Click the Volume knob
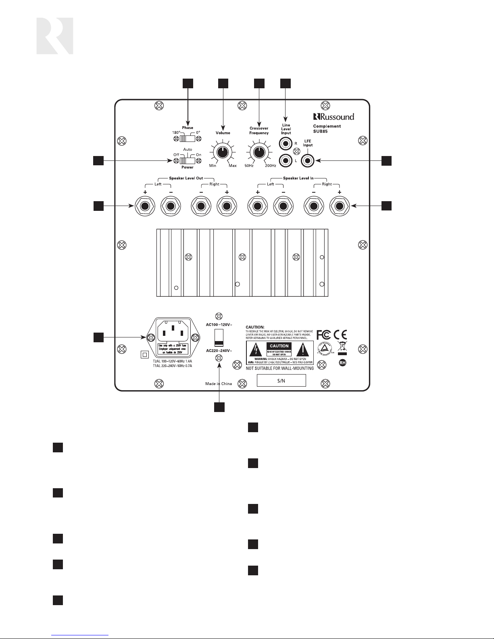tap(221, 153)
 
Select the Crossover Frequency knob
tap(258, 152)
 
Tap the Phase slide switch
tap(187, 139)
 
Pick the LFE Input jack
tap(308, 161)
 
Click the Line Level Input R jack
tap(286, 143)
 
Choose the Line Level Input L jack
tap(286, 161)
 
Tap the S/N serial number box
tap(281, 381)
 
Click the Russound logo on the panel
tap(334, 117)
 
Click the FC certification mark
tap(323, 335)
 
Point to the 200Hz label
tap(270, 166)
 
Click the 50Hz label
tap(249, 166)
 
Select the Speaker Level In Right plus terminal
tap(339, 206)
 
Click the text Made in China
tap(219, 384)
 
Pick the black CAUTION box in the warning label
tap(279, 346)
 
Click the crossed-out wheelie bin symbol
tap(342, 346)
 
